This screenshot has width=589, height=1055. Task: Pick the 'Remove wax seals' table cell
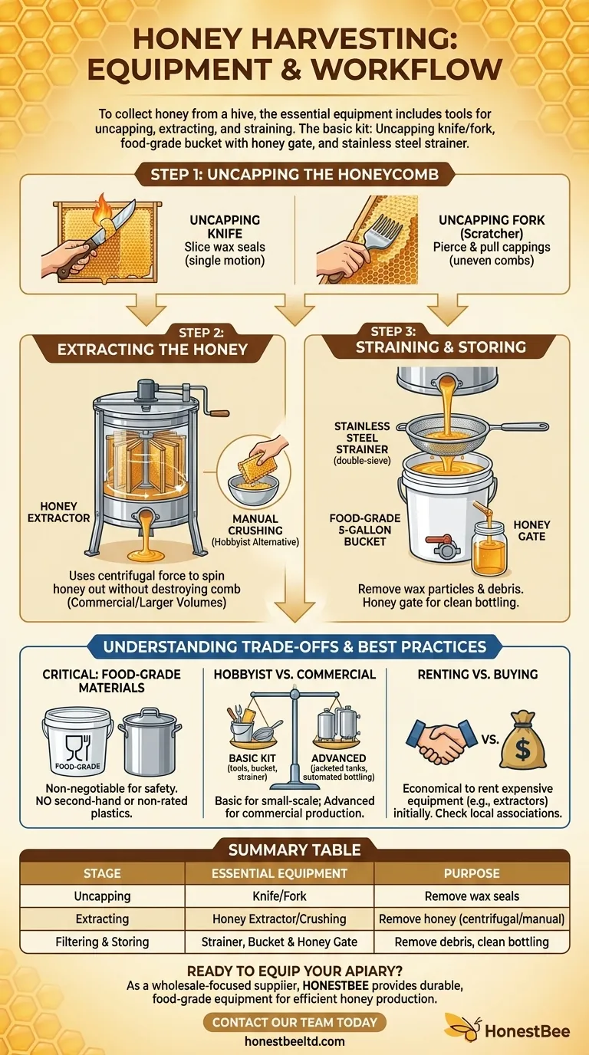472,896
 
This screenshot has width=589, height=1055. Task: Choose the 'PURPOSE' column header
472,873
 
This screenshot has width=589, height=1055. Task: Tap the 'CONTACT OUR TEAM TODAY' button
294,1022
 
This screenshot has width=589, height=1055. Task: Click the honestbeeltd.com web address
294,1041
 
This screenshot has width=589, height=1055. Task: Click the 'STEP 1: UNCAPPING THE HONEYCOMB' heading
294,174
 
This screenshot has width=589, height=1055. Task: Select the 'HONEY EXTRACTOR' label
59,513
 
